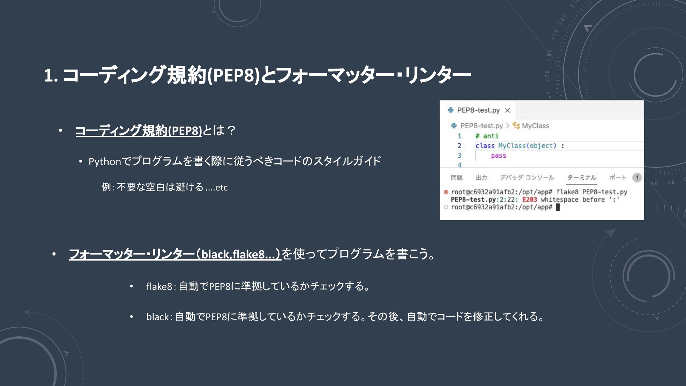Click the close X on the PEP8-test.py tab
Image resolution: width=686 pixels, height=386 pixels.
click(x=507, y=110)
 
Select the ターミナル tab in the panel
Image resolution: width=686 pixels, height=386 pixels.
click(x=582, y=177)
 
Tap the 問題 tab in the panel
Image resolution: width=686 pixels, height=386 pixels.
click(x=457, y=177)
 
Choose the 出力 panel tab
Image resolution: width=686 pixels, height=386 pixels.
click(x=481, y=177)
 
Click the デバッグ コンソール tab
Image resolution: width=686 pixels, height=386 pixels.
click(x=527, y=177)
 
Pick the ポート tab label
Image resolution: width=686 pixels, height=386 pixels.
click(x=618, y=177)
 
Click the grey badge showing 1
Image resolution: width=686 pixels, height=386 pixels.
click(x=637, y=178)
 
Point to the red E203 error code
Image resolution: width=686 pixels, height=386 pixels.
click(x=530, y=199)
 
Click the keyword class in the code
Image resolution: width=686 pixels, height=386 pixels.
click(x=485, y=146)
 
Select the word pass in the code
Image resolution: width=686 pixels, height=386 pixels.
click(x=498, y=156)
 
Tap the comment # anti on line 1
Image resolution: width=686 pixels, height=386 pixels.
click(x=487, y=136)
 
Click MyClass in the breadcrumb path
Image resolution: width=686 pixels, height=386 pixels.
click(x=535, y=126)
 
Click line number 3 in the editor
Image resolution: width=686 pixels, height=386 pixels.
click(x=459, y=155)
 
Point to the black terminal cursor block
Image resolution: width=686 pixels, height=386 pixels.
click(x=558, y=207)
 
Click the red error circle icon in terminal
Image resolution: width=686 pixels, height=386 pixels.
click(x=446, y=192)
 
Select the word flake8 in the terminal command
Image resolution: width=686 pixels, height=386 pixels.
click(x=567, y=192)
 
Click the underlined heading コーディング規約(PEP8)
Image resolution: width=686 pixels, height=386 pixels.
click(x=139, y=130)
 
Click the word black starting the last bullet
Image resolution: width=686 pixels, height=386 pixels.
click(x=158, y=317)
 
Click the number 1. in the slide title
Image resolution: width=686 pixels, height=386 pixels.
click(x=51, y=76)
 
